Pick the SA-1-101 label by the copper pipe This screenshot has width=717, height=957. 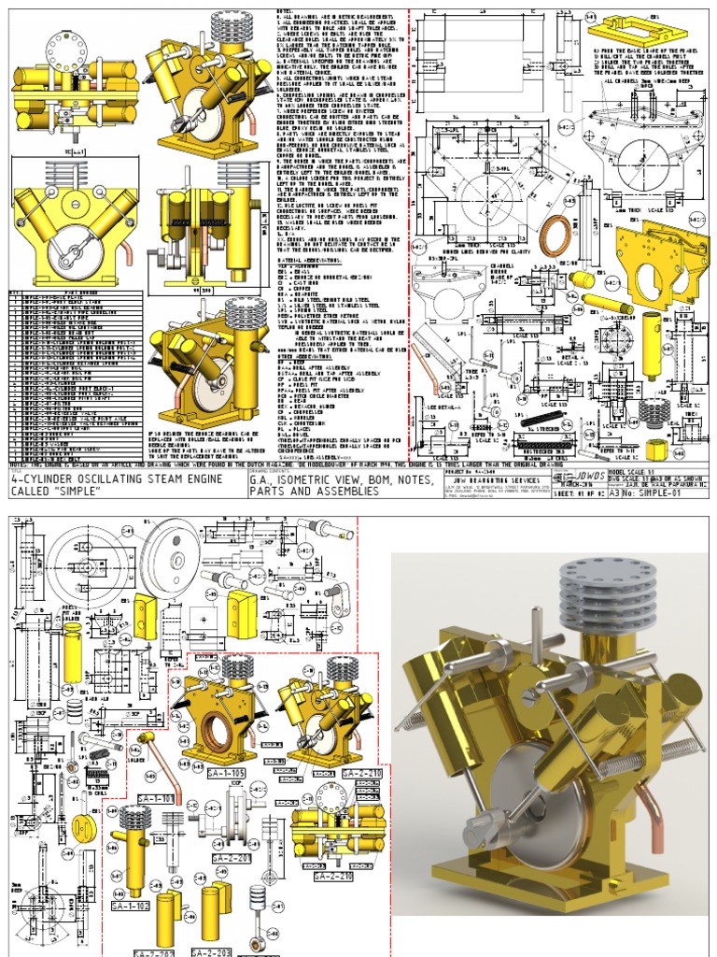(157, 799)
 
